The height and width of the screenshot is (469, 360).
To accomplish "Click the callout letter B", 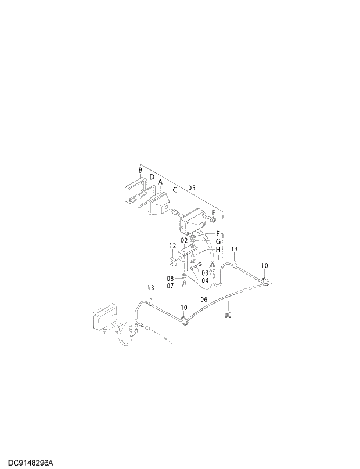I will [x=141, y=171].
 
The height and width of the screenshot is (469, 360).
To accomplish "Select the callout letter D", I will [x=152, y=177].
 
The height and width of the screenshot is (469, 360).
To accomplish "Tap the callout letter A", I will [x=160, y=182].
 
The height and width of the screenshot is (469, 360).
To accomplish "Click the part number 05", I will [x=192, y=188].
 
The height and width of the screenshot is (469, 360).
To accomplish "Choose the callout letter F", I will [x=213, y=212].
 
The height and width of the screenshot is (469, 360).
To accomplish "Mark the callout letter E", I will [x=218, y=233].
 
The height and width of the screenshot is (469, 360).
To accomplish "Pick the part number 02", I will [x=184, y=240].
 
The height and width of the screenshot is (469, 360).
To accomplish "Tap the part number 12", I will [x=172, y=246].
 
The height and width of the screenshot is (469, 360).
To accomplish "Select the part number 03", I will [x=205, y=272].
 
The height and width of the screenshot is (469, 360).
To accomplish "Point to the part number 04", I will [x=205, y=280].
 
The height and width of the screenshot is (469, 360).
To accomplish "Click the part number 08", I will [x=171, y=278].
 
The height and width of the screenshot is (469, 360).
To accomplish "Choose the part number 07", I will [x=171, y=285].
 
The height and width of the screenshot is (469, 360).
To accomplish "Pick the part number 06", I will [x=204, y=300].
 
